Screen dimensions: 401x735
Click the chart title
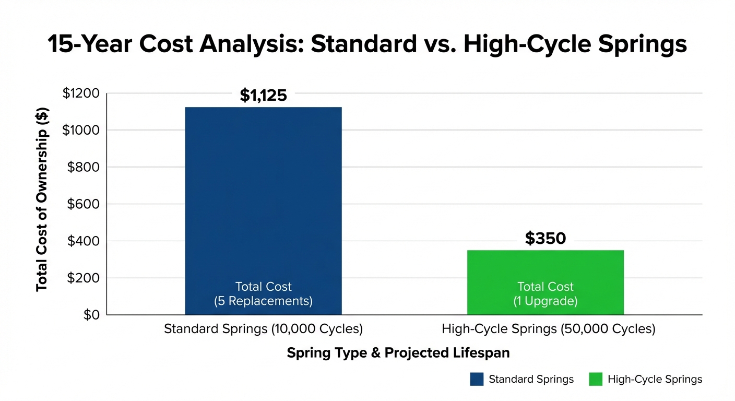(x=367, y=44)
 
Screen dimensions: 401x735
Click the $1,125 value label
(x=263, y=96)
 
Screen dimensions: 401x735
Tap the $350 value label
(x=545, y=239)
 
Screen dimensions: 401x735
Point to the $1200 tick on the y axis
(x=80, y=93)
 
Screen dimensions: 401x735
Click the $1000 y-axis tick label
(x=80, y=131)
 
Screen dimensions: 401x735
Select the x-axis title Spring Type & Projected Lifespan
(x=398, y=353)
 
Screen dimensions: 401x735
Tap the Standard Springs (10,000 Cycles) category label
(x=263, y=329)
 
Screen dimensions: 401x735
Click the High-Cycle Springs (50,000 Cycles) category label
(x=548, y=329)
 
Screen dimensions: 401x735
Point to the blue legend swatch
(x=477, y=379)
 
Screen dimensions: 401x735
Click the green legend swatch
(x=596, y=379)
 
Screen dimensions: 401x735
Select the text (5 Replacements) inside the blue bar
(x=263, y=301)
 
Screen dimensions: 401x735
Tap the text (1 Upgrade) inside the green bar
(x=545, y=301)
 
